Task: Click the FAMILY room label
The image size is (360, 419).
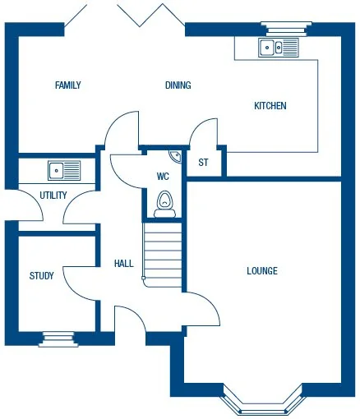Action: [x=67, y=85]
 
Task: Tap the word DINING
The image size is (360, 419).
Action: [x=178, y=85]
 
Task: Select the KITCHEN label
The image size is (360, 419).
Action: [x=270, y=106]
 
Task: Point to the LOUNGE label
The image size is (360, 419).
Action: [x=262, y=271]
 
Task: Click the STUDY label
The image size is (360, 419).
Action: [x=42, y=276]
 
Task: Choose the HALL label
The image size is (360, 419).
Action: [x=123, y=264]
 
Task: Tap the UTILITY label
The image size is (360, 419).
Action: [x=53, y=196]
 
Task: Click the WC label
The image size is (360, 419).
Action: [x=163, y=175]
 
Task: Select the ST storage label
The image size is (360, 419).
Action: [x=203, y=162]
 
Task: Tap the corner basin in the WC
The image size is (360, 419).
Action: [x=176, y=155]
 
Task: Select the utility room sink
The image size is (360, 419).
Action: [x=64, y=170]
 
